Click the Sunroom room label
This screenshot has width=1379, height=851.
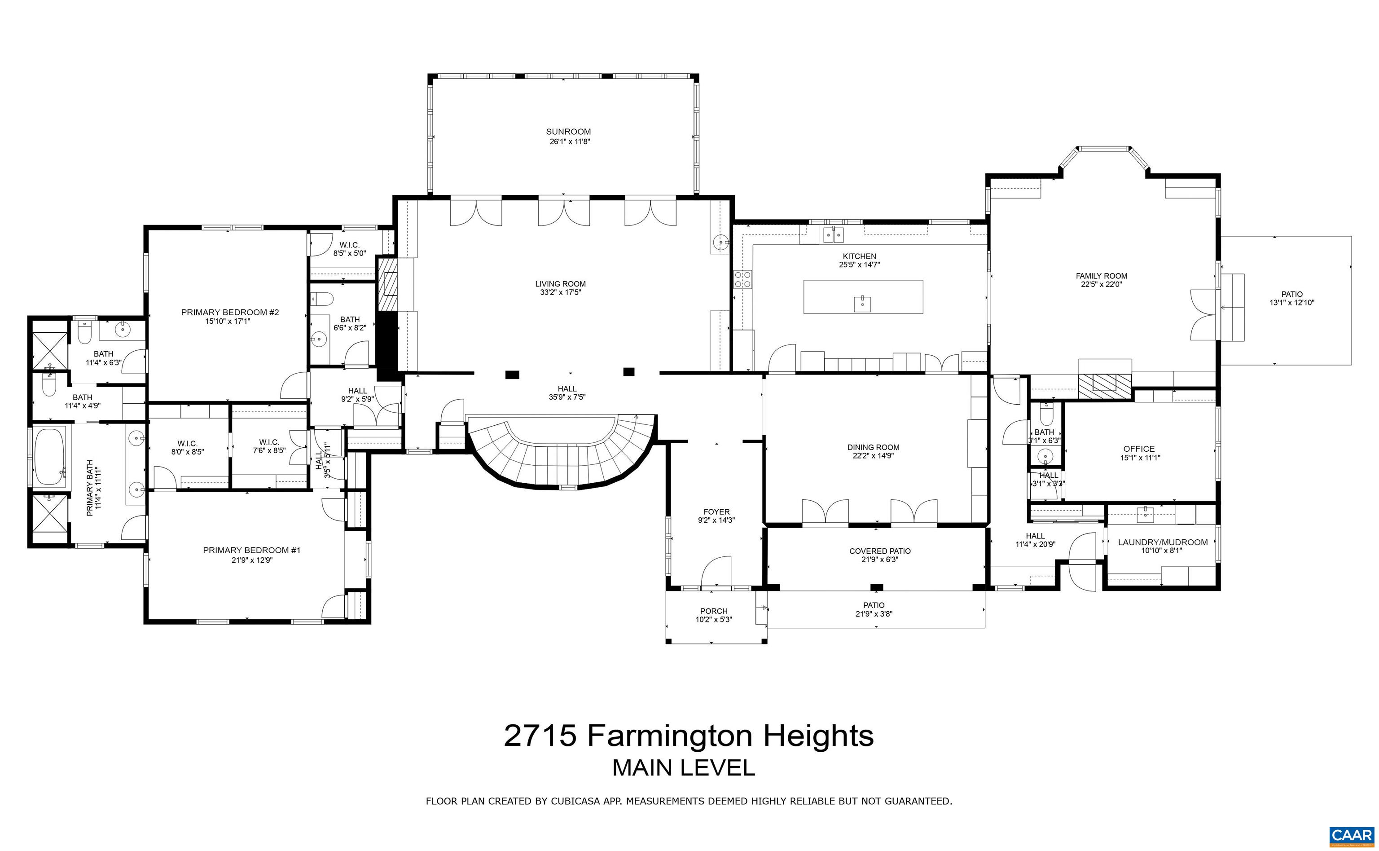click(568, 132)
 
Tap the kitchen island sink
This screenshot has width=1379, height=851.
click(862, 304)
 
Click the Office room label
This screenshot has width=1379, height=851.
click(1139, 449)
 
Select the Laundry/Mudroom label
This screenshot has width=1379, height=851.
click(1162, 542)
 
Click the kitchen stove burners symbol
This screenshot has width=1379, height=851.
click(742, 279)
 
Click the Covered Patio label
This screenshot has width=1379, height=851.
click(879, 551)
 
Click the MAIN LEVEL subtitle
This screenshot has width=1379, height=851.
click(683, 768)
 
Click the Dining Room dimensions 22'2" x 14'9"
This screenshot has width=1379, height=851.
click(873, 456)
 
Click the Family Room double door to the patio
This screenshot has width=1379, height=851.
click(1204, 315)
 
